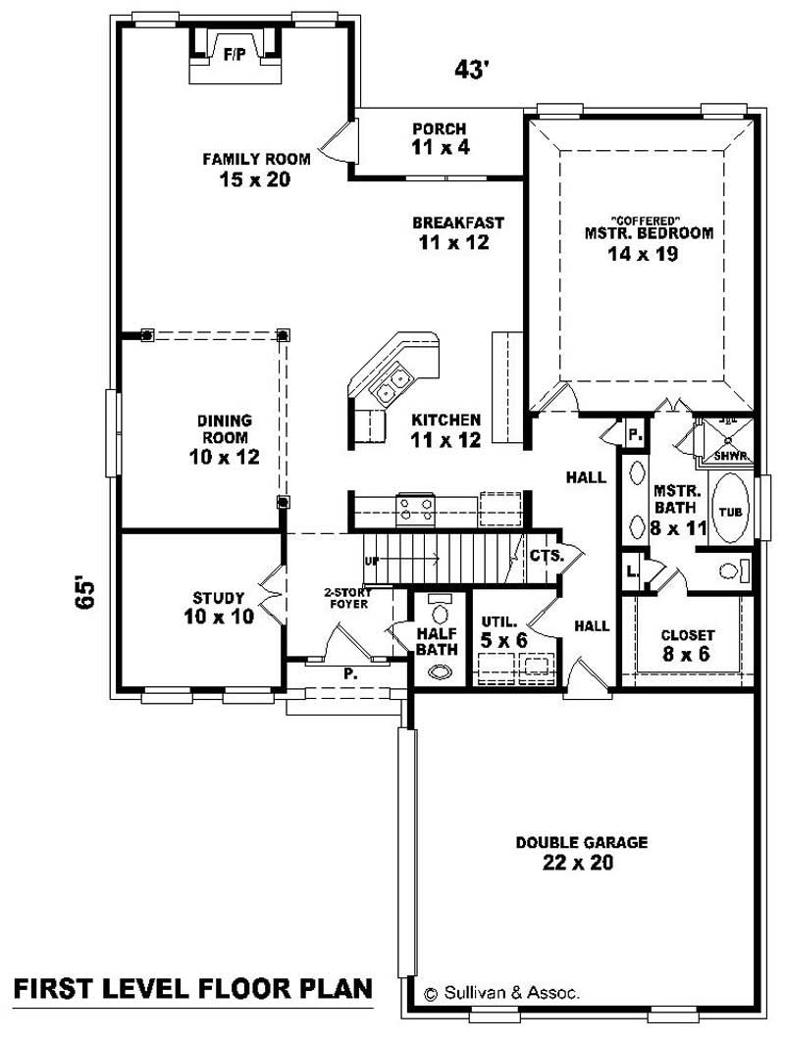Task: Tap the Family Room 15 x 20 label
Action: pos(256,169)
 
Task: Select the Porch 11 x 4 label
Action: pos(439,138)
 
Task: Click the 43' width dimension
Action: pos(472,70)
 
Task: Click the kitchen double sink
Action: pos(394,384)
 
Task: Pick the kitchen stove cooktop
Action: pos(414,508)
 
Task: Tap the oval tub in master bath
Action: pos(729,510)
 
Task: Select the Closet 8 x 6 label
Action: pos(687,644)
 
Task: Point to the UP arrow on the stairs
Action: pos(373,561)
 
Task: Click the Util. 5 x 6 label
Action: pos(503,631)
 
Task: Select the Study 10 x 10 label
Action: pos(218,607)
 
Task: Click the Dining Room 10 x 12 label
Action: pos(226,438)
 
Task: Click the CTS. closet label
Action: pos(546,556)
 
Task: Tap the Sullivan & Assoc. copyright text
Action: pos(501,992)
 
